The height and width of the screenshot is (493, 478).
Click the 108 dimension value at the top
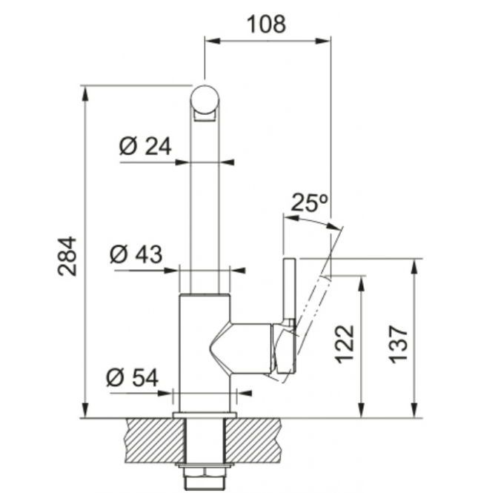click(267, 24)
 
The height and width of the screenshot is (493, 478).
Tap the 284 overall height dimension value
click(67, 257)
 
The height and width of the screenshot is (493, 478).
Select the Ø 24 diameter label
click(145, 146)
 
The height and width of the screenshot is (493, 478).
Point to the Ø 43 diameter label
click(136, 254)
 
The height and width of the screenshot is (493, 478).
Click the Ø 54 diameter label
click(133, 377)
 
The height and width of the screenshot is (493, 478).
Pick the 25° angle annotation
click(310, 203)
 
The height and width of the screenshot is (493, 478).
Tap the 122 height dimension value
click(345, 345)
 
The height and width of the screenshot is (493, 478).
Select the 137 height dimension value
click(399, 345)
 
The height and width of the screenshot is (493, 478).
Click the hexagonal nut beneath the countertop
click(205, 472)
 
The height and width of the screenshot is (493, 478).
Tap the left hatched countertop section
click(155, 440)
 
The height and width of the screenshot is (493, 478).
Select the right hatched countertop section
click(253, 440)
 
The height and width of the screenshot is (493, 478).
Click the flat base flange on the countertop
click(205, 415)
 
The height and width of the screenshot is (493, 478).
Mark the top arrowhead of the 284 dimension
click(84, 93)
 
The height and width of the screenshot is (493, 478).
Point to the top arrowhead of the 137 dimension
click(415, 266)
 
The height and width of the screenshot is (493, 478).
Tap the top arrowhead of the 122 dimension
click(362, 283)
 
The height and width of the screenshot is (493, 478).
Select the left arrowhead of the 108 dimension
click(213, 41)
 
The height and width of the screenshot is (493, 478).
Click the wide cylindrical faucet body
click(205, 353)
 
